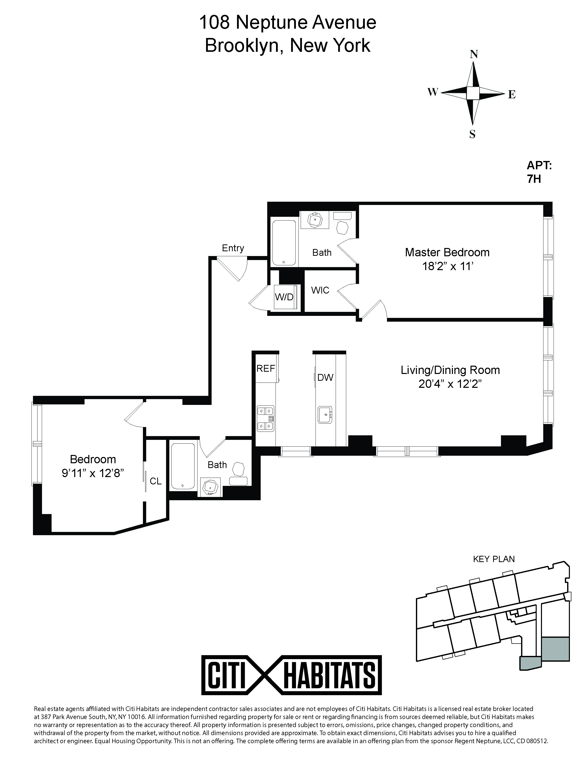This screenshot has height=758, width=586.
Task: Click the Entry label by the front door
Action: pos(233,248)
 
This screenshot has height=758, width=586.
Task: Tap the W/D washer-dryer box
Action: pos(285,297)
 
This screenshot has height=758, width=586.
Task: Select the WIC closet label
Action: pos(320,290)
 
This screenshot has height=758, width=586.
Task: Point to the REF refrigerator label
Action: pos(266,369)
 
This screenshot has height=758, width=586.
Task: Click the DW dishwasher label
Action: pos(325,377)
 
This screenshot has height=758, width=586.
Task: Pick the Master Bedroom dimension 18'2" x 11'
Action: pos(447,267)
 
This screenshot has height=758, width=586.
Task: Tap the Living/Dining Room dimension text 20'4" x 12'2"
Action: pos(450,385)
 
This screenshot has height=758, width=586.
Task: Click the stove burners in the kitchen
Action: pos(266,418)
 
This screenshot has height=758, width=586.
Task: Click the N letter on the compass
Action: pos(474,55)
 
